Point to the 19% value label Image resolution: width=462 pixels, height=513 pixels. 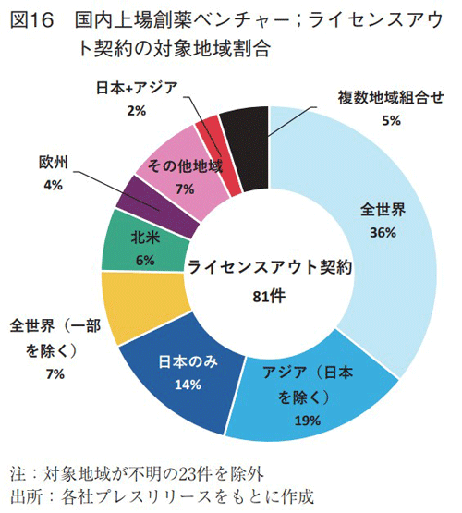click(307, 421)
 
